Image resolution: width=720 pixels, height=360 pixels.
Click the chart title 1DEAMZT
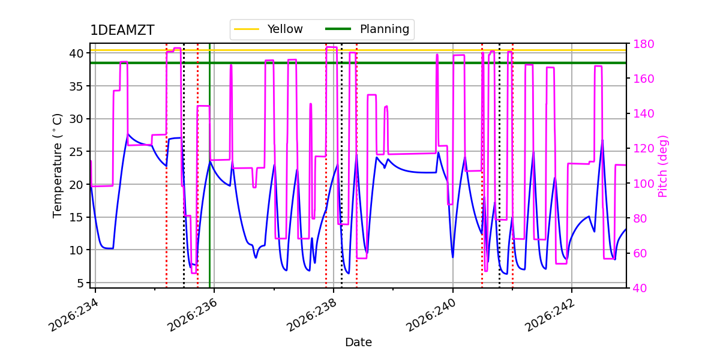click(x=122, y=30)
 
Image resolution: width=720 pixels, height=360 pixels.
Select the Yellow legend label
click(x=285, y=29)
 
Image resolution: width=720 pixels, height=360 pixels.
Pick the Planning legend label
click(x=385, y=29)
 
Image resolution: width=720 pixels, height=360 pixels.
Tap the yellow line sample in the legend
click(x=247, y=29)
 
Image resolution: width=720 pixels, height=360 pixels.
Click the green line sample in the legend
click(x=338, y=29)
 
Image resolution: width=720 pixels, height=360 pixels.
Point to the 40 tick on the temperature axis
click(x=76, y=53)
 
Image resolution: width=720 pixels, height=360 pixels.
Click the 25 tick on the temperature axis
click(x=76, y=151)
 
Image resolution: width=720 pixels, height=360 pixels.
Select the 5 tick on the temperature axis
click(x=80, y=283)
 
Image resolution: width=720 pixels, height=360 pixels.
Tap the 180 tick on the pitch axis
click(x=643, y=44)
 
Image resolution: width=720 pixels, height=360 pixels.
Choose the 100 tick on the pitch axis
click(x=643, y=184)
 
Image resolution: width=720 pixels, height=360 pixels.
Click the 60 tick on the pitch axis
click(x=640, y=253)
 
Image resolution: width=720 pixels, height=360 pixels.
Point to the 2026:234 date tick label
click(x=73, y=316)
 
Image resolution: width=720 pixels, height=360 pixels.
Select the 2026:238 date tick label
click(x=311, y=316)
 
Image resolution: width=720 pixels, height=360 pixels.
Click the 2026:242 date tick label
click(x=550, y=316)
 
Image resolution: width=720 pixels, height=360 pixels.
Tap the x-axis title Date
click(x=358, y=343)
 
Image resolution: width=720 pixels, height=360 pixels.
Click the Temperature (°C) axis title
click(x=57, y=166)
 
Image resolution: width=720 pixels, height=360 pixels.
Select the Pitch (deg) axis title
click(x=663, y=167)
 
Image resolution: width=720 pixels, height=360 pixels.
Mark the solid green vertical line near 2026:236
click(x=209, y=166)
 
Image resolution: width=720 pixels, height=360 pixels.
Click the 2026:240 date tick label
click(x=431, y=316)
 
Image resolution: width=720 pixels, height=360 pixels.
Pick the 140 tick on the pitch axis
click(x=643, y=114)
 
